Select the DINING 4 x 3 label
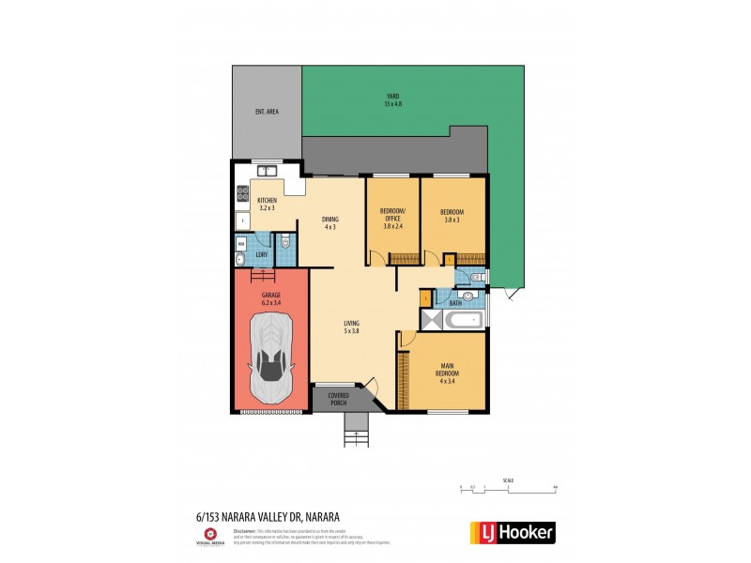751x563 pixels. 330,223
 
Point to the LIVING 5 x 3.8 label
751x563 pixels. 352,327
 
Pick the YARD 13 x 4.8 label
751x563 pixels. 392,99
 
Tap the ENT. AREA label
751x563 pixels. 267,112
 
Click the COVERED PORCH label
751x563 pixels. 337,399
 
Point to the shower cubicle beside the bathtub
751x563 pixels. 431,320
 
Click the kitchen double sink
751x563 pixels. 267,171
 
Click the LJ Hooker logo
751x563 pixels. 512,533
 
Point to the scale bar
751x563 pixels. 508,486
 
